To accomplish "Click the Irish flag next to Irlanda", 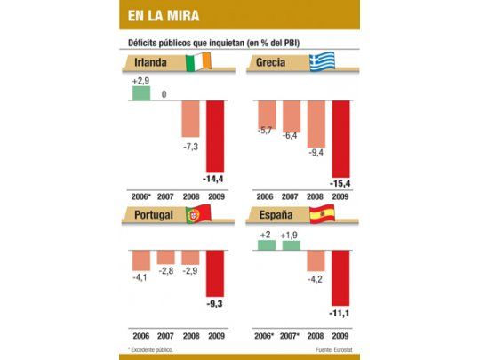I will click(x=200, y=64).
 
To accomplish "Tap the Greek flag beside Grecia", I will click(x=321, y=64).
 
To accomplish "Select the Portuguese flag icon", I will click(x=196, y=214).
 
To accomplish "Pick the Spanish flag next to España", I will click(x=322, y=214).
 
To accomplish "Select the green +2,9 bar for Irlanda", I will click(x=141, y=92).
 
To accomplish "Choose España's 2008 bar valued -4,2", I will click(x=316, y=260).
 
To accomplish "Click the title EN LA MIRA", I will click(x=164, y=16).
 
